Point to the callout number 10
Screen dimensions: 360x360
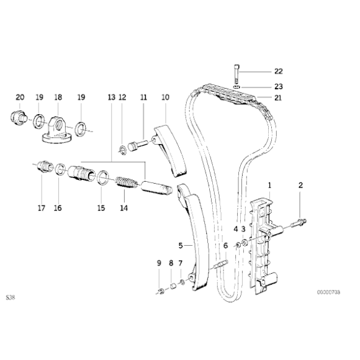coord(165,97)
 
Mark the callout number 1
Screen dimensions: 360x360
coord(270,185)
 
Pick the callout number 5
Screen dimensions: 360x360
coord(181,246)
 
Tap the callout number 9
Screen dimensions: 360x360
coord(159,263)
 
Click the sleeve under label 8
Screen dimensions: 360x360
coord(171,287)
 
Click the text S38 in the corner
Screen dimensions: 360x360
coord(11,297)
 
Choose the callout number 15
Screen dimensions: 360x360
coord(101,208)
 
